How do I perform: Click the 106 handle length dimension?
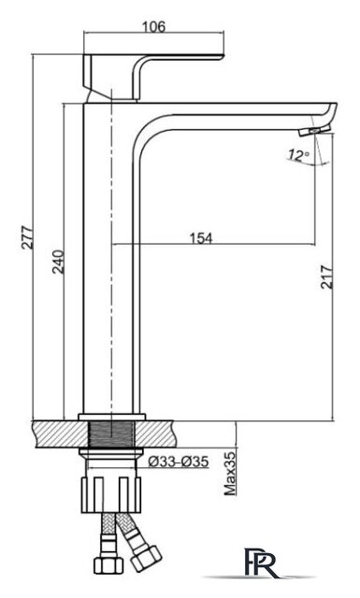(154, 27)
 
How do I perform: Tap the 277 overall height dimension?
(27, 237)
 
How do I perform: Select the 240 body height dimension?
(58, 262)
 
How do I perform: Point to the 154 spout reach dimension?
(201, 238)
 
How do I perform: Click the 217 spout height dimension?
(326, 277)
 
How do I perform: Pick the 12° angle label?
(299, 155)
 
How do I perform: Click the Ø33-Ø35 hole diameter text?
(179, 462)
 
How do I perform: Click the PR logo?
(262, 562)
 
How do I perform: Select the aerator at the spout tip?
(310, 132)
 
